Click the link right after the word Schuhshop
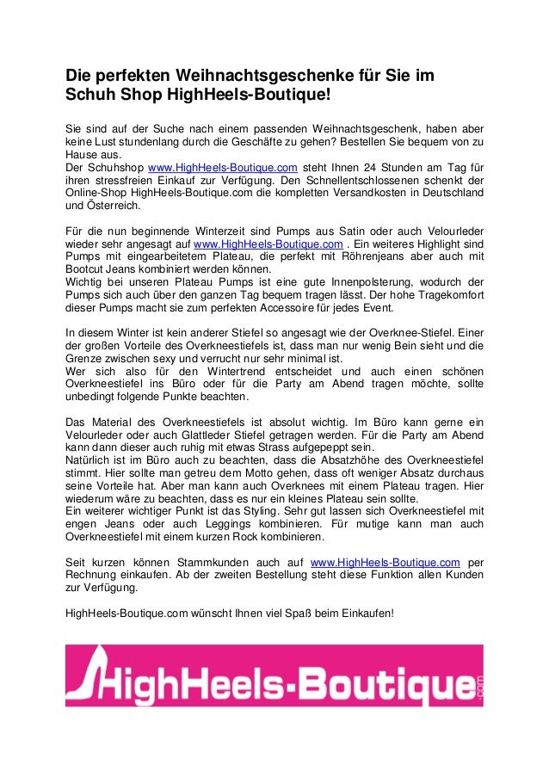223,167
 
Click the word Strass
271,447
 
